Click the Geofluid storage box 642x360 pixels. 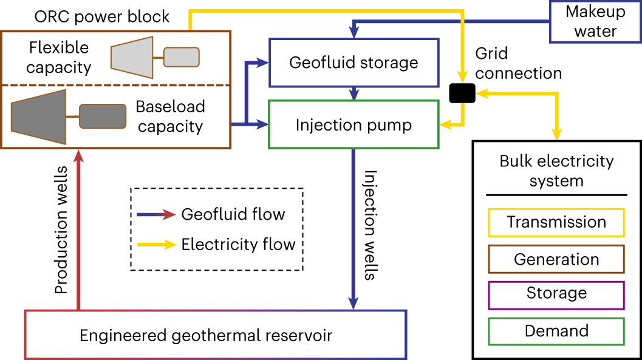pos(353,63)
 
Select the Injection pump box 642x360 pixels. pos(353,125)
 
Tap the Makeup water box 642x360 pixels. pos(595,21)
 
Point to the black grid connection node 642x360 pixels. pos(463,93)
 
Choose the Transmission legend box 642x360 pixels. pos(556,222)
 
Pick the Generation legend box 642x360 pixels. pos(556,260)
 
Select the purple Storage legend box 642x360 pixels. pos(556,294)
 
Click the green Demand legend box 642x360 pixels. pos(556,331)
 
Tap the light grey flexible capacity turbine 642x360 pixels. pos(131,56)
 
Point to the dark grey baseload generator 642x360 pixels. pos(103,116)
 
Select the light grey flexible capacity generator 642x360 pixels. pos(181,57)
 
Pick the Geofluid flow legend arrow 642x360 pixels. pos(155,214)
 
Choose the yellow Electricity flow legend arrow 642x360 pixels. pos(155,245)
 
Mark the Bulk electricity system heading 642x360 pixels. pos(556,171)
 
